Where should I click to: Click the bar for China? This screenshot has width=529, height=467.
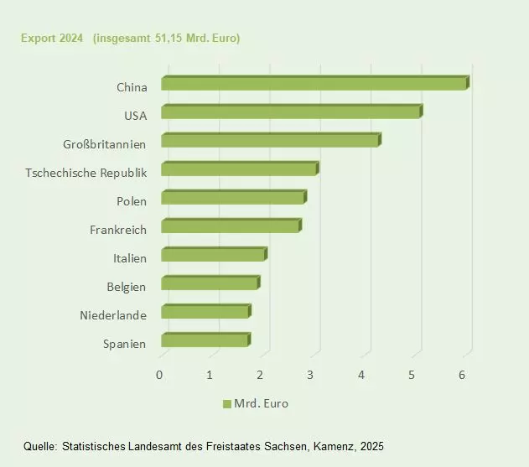tap(314, 83)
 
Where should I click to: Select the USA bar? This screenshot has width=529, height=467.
tap(291, 112)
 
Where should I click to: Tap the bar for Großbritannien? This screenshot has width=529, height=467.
tap(270, 140)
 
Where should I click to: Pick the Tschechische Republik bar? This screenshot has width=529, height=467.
tap(239, 169)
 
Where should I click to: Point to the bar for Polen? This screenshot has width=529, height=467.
tap(233, 197)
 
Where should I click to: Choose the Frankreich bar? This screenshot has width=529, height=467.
tap(231, 226)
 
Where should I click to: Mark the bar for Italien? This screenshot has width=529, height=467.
tap(213, 254)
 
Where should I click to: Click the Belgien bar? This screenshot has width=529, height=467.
tap(210, 283)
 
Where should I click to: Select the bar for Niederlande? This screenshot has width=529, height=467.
tap(205, 311)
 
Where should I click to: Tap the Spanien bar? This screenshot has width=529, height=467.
tap(205, 340)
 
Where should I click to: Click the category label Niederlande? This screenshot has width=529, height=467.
tap(113, 315)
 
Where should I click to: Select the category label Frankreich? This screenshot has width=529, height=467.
tap(118, 230)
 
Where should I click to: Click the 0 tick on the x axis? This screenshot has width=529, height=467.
tap(159, 374)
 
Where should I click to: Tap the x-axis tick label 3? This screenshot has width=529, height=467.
tap(311, 374)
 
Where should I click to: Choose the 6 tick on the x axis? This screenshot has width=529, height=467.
tap(462, 374)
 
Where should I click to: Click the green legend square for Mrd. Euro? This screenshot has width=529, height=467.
tap(226, 404)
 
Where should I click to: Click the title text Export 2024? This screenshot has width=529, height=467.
tap(52, 39)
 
